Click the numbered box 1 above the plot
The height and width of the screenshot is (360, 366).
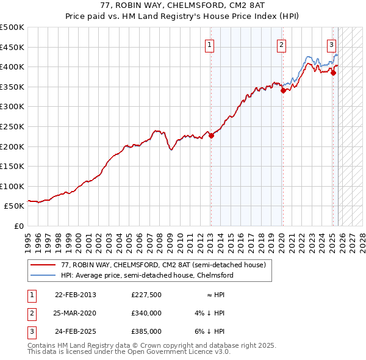tap(209, 44)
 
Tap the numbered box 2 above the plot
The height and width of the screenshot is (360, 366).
tap(281, 44)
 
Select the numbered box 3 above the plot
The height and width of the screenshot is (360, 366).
tap(331, 44)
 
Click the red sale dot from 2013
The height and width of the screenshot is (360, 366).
tap(211, 136)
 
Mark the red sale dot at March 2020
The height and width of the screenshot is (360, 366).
tap(283, 91)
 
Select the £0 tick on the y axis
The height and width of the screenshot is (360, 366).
tap(18, 226)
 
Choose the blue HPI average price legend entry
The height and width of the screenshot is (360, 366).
tap(146, 275)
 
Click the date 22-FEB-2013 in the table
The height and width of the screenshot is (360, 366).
tap(75, 295)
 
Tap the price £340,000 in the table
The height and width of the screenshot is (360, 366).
tap(146, 313)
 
